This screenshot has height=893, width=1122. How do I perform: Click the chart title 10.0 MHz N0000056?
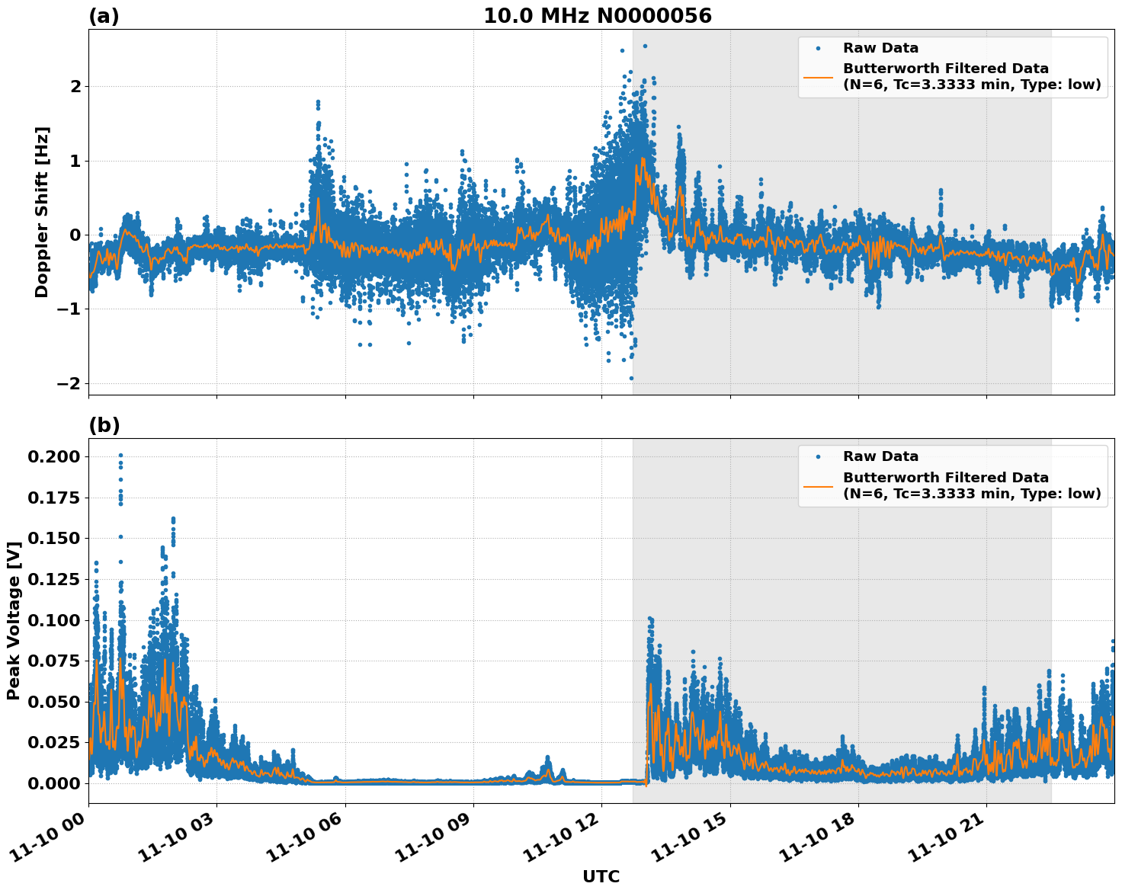[597, 16]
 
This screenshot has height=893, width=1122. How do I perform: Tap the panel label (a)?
[104, 16]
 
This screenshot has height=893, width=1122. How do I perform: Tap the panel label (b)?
[104, 425]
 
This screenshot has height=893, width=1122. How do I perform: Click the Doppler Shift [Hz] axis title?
[42, 212]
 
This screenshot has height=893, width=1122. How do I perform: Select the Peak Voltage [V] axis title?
[13, 620]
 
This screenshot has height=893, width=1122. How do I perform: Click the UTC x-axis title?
[601, 876]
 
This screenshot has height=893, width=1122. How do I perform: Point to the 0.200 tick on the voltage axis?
[54, 456]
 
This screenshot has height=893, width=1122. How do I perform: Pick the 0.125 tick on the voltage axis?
[54, 579]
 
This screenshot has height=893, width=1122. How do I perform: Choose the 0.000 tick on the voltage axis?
[54, 783]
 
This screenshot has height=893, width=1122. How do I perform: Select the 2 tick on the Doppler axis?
[75, 86]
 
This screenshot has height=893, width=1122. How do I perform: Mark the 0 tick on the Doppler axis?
[75, 235]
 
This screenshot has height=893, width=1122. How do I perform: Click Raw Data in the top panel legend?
[880, 48]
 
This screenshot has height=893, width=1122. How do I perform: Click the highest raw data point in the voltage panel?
[120, 456]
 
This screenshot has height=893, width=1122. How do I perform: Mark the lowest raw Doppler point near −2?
[631, 378]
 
